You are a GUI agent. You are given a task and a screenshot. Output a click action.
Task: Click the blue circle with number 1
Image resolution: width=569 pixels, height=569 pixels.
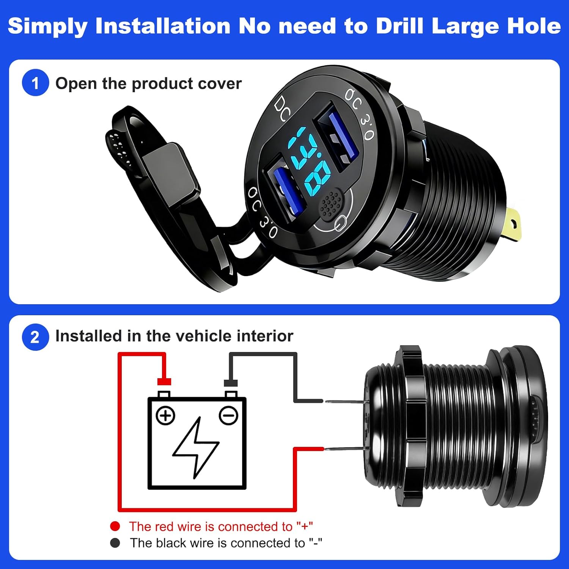tap(35, 83)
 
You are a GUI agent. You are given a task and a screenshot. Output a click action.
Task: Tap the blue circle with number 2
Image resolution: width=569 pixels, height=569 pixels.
tap(35, 337)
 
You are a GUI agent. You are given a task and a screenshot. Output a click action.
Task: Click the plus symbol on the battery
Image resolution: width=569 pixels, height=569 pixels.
tap(165, 415)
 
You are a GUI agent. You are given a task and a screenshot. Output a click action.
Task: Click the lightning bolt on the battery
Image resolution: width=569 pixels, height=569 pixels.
tap(196, 448)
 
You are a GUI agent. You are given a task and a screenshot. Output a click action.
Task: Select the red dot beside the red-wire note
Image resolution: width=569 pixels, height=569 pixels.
tap(115, 526)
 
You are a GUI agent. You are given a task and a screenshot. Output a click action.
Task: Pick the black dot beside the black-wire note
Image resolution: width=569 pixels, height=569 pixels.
tap(115, 543)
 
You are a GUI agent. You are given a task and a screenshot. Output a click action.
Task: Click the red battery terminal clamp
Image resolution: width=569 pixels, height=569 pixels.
tap(164, 382)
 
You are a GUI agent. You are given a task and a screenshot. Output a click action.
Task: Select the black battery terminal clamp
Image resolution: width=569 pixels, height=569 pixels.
tap(231, 383)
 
